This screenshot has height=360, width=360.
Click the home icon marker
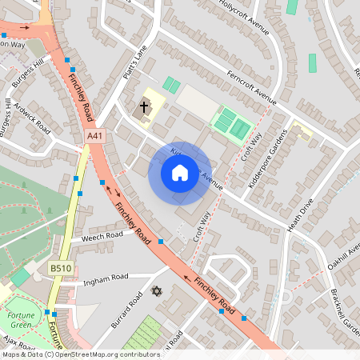180,172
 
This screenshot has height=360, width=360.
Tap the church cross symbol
145,106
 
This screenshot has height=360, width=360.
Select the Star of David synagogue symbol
157,291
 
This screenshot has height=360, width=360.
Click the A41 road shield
95,138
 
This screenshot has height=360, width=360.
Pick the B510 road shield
60,269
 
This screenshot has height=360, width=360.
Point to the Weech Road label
102,235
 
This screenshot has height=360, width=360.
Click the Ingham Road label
106,278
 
